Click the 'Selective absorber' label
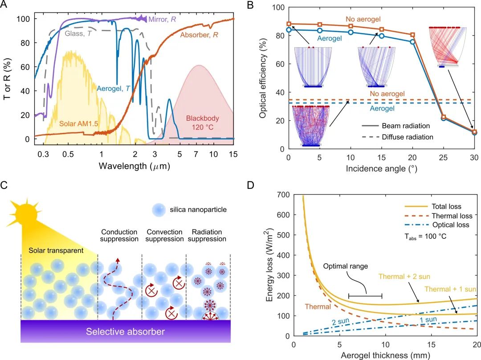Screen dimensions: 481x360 coord(125,331)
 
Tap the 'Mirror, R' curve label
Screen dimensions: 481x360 coord(162,19)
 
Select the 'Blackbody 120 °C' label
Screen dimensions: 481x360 coord(203,123)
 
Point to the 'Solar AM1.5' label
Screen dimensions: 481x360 coord(78,124)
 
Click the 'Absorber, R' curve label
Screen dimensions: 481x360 coord(199,35)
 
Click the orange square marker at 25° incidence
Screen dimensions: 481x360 coord(443,117)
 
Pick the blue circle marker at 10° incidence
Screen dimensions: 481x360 coord(351,32)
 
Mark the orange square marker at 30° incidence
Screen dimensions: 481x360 coord(475,132)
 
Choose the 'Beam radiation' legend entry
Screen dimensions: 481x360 coord(396,126)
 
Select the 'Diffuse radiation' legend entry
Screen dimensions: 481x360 coord(398,137)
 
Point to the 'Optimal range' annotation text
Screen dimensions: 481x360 coord(346,266)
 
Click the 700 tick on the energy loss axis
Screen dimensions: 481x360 coord(283,195)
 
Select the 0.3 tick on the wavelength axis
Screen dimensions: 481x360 coord(43,154)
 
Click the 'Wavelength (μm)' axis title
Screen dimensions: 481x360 coord(135,166)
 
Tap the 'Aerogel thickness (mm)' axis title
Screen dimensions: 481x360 coord(385,356)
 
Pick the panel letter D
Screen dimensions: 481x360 coord(251,185)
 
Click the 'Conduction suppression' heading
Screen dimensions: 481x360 coord(119,235)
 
